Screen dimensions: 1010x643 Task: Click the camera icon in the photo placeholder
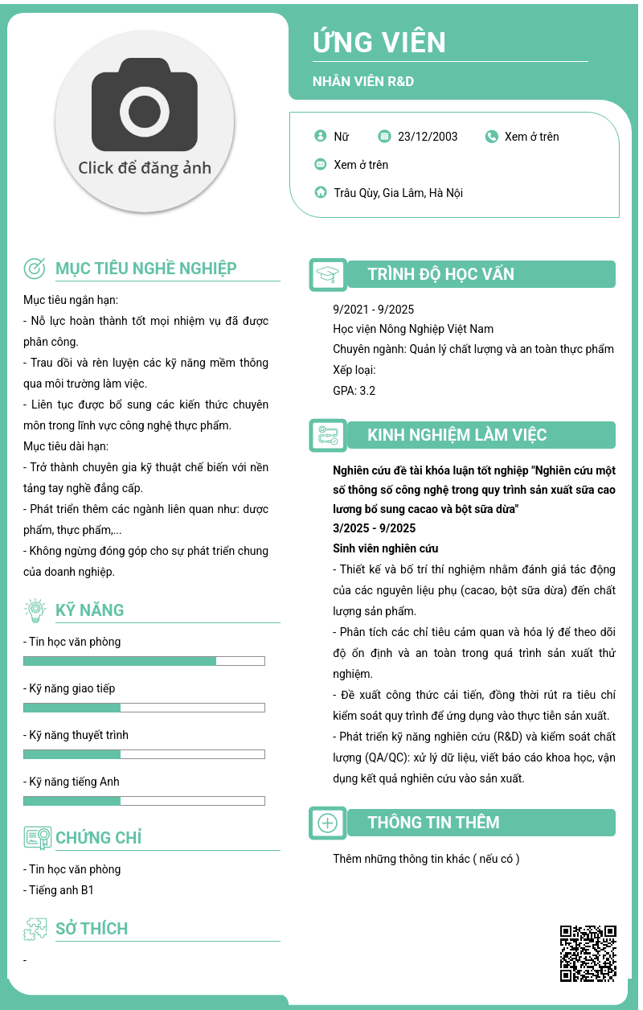click(145, 110)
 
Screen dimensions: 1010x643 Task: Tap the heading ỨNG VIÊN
click(379, 43)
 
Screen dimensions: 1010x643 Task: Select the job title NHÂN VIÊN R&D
click(363, 81)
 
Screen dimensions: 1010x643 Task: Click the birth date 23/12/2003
click(428, 137)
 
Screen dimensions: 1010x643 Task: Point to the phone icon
click(492, 137)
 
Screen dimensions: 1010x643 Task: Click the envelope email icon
click(321, 165)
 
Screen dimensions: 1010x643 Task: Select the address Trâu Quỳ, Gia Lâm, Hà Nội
click(398, 193)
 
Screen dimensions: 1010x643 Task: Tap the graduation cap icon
click(328, 274)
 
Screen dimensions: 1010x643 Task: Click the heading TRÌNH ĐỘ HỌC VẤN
click(440, 274)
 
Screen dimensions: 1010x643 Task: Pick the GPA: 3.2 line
click(354, 391)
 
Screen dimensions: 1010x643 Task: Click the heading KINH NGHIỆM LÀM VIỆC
click(457, 435)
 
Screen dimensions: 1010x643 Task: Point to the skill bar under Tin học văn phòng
click(144, 661)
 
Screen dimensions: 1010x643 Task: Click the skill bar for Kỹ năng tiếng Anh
click(144, 801)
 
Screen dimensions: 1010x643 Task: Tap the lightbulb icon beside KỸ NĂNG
click(35, 610)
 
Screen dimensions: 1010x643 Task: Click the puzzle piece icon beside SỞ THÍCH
click(35, 929)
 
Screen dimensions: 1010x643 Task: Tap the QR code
click(588, 954)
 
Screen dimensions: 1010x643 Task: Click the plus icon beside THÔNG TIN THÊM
click(328, 823)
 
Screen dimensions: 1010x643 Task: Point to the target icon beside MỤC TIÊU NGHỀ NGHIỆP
click(35, 269)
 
